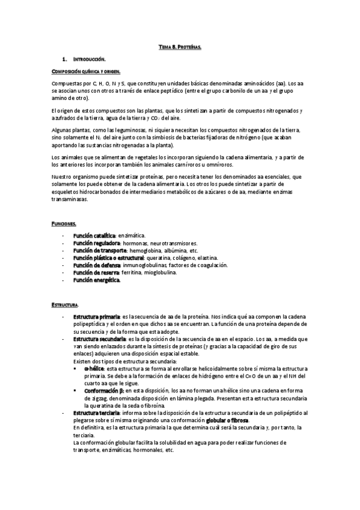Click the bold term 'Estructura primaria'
pos(97,316)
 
